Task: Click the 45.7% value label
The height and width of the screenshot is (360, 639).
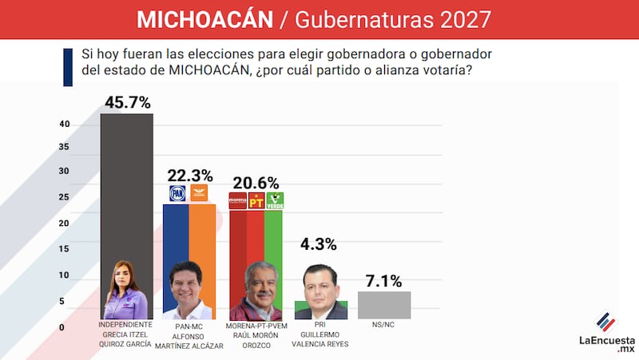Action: [127, 103]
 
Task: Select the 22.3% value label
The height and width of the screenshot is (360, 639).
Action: [189, 175]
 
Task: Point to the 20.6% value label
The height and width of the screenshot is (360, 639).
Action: [256, 182]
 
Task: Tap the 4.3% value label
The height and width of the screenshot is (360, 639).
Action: [319, 244]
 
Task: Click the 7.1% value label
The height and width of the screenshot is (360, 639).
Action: [384, 280]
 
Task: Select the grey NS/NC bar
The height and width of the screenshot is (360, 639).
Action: [384, 305]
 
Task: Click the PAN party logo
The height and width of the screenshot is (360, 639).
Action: [177, 193]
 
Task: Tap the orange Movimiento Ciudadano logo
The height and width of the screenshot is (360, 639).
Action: [198, 193]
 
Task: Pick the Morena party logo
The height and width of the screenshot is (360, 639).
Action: [237, 201]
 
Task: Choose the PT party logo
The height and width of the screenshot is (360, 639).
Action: [256, 201]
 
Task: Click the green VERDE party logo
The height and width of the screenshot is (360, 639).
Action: [275, 201]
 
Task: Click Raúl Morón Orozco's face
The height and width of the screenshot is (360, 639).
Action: [257, 283]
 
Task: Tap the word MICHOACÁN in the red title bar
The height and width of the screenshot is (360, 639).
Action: [205, 19]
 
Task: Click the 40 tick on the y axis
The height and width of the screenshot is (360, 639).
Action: [64, 124]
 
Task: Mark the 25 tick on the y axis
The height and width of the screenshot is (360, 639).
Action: [64, 197]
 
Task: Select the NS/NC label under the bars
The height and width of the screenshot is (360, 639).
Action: [383, 326]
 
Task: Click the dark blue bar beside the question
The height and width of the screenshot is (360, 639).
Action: [69, 67]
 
